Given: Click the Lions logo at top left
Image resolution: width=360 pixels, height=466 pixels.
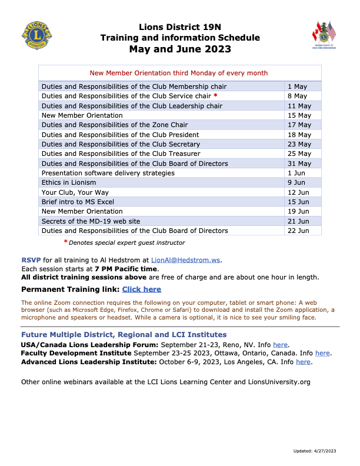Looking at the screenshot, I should click(x=36, y=35).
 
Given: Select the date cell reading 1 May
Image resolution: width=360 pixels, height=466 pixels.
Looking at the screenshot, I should click(x=297, y=86).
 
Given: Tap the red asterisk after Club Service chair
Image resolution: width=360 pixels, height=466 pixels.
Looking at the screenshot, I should click(x=215, y=96).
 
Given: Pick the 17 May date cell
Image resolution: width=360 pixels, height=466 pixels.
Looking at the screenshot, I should click(x=299, y=125).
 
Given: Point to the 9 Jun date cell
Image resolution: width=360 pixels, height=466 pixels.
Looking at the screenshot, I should click(x=297, y=182).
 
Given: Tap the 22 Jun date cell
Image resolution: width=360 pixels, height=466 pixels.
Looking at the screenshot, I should click(x=298, y=231).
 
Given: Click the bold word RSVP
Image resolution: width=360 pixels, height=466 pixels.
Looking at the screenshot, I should click(x=31, y=259).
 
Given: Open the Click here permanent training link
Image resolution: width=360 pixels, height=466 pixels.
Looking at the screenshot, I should click(x=141, y=289).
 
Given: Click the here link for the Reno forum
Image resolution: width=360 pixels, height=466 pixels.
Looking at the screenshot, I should click(x=280, y=344).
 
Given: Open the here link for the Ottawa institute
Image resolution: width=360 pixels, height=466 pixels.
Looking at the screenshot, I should click(x=322, y=353).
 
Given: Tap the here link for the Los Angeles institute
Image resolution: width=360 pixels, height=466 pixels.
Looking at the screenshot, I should click(x=303, y=362).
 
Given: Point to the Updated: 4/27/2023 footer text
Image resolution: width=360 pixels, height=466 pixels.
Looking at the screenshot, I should click(x=314, y=451).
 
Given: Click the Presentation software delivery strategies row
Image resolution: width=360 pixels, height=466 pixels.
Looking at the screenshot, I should click(x=108, y=173).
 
